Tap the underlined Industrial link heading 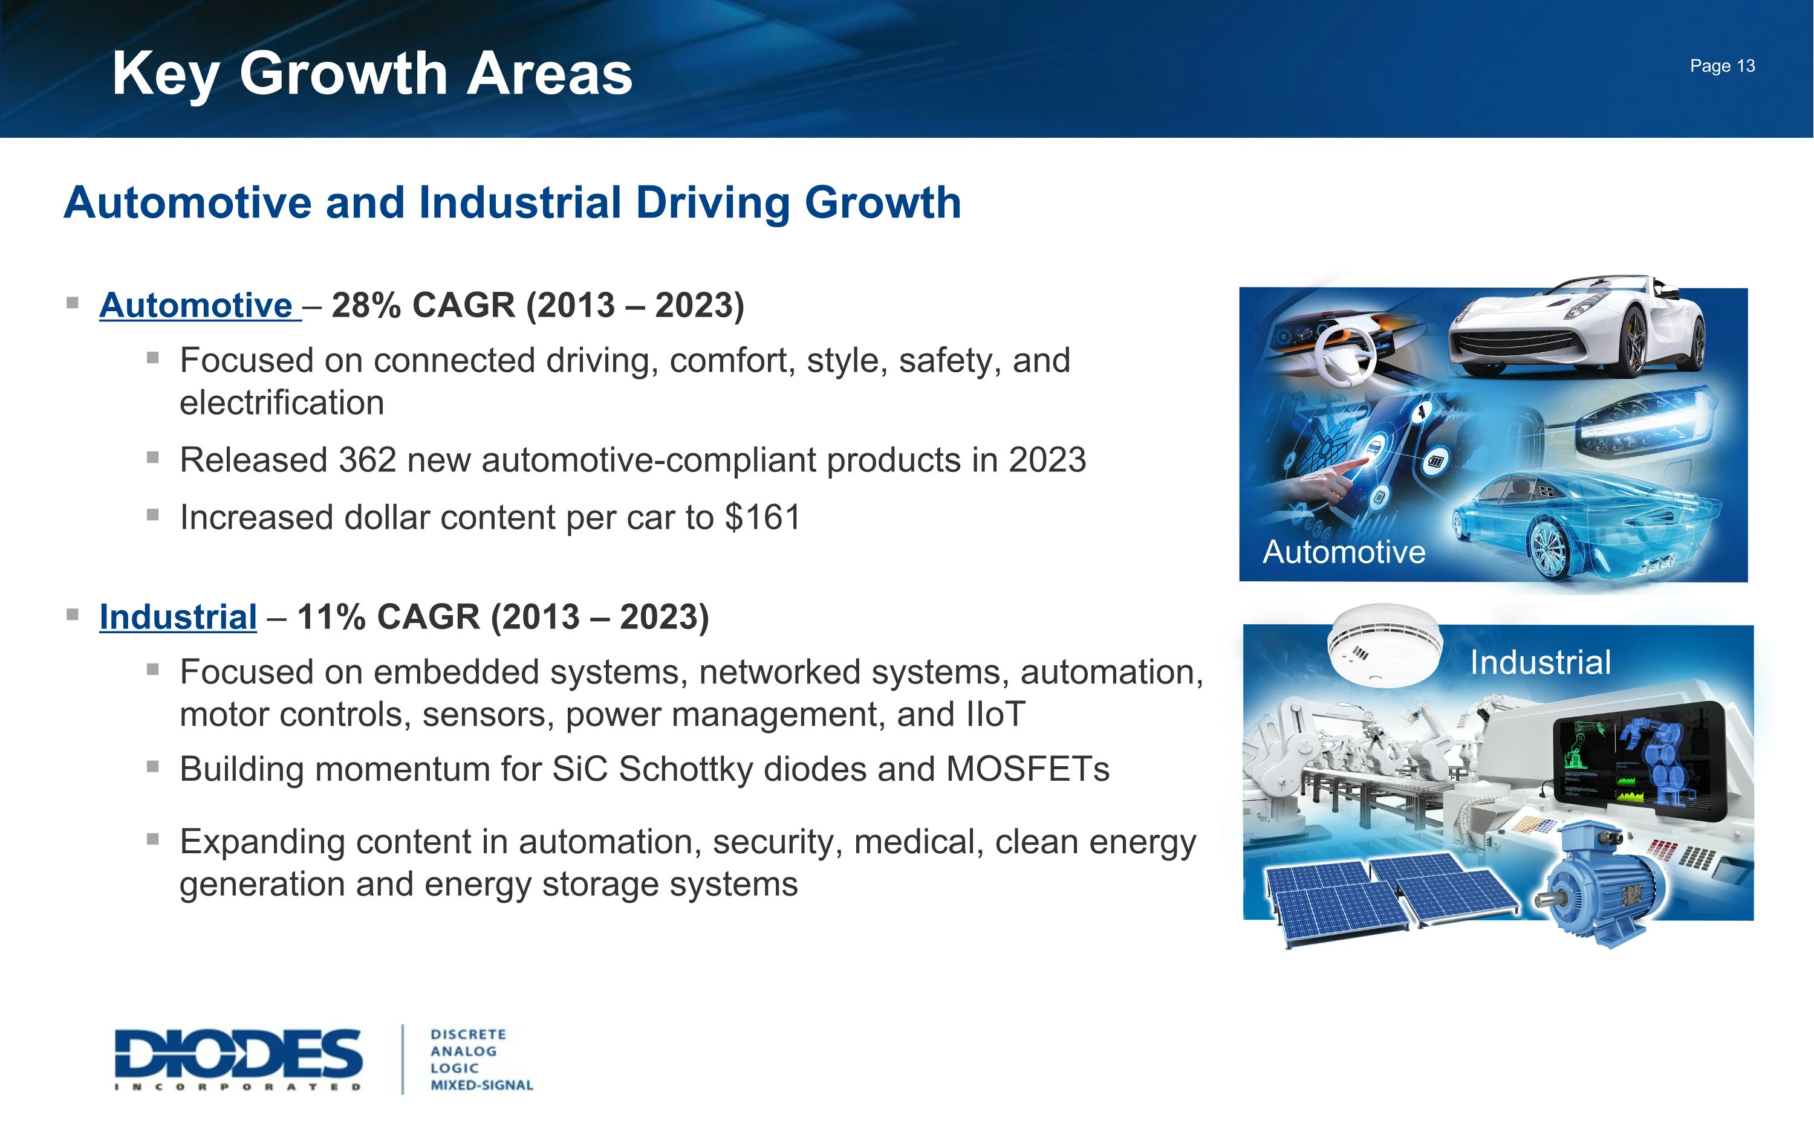(178, 617)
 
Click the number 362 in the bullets (366, 460)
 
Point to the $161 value (763, 518)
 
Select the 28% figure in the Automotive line (366, 305)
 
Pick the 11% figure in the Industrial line (331, 617)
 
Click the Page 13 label (1722, 66)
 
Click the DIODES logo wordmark (238, 1055)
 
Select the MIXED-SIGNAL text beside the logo (481, 1085)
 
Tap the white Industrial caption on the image (1539, 662)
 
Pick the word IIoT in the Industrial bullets (995, 714)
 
